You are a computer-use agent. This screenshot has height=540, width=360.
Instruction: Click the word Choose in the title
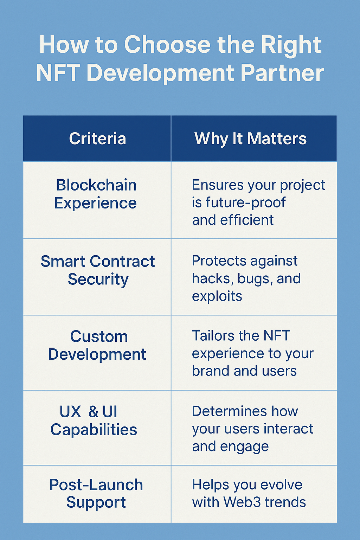pyautogui.click(x=167, y=45)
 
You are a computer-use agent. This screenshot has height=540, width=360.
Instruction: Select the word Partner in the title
pyautogui.click(x=282, y=73)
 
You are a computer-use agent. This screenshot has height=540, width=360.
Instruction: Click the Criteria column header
pyautogui.click(x=97, y=139)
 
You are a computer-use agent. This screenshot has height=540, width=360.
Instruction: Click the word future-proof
pyautogui.click(x=245, y=202)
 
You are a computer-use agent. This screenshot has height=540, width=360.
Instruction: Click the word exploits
pyautogui.click(x=217, y=296)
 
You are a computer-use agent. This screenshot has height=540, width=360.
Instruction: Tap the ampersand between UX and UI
pyautogui.click(x=93, y=412)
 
